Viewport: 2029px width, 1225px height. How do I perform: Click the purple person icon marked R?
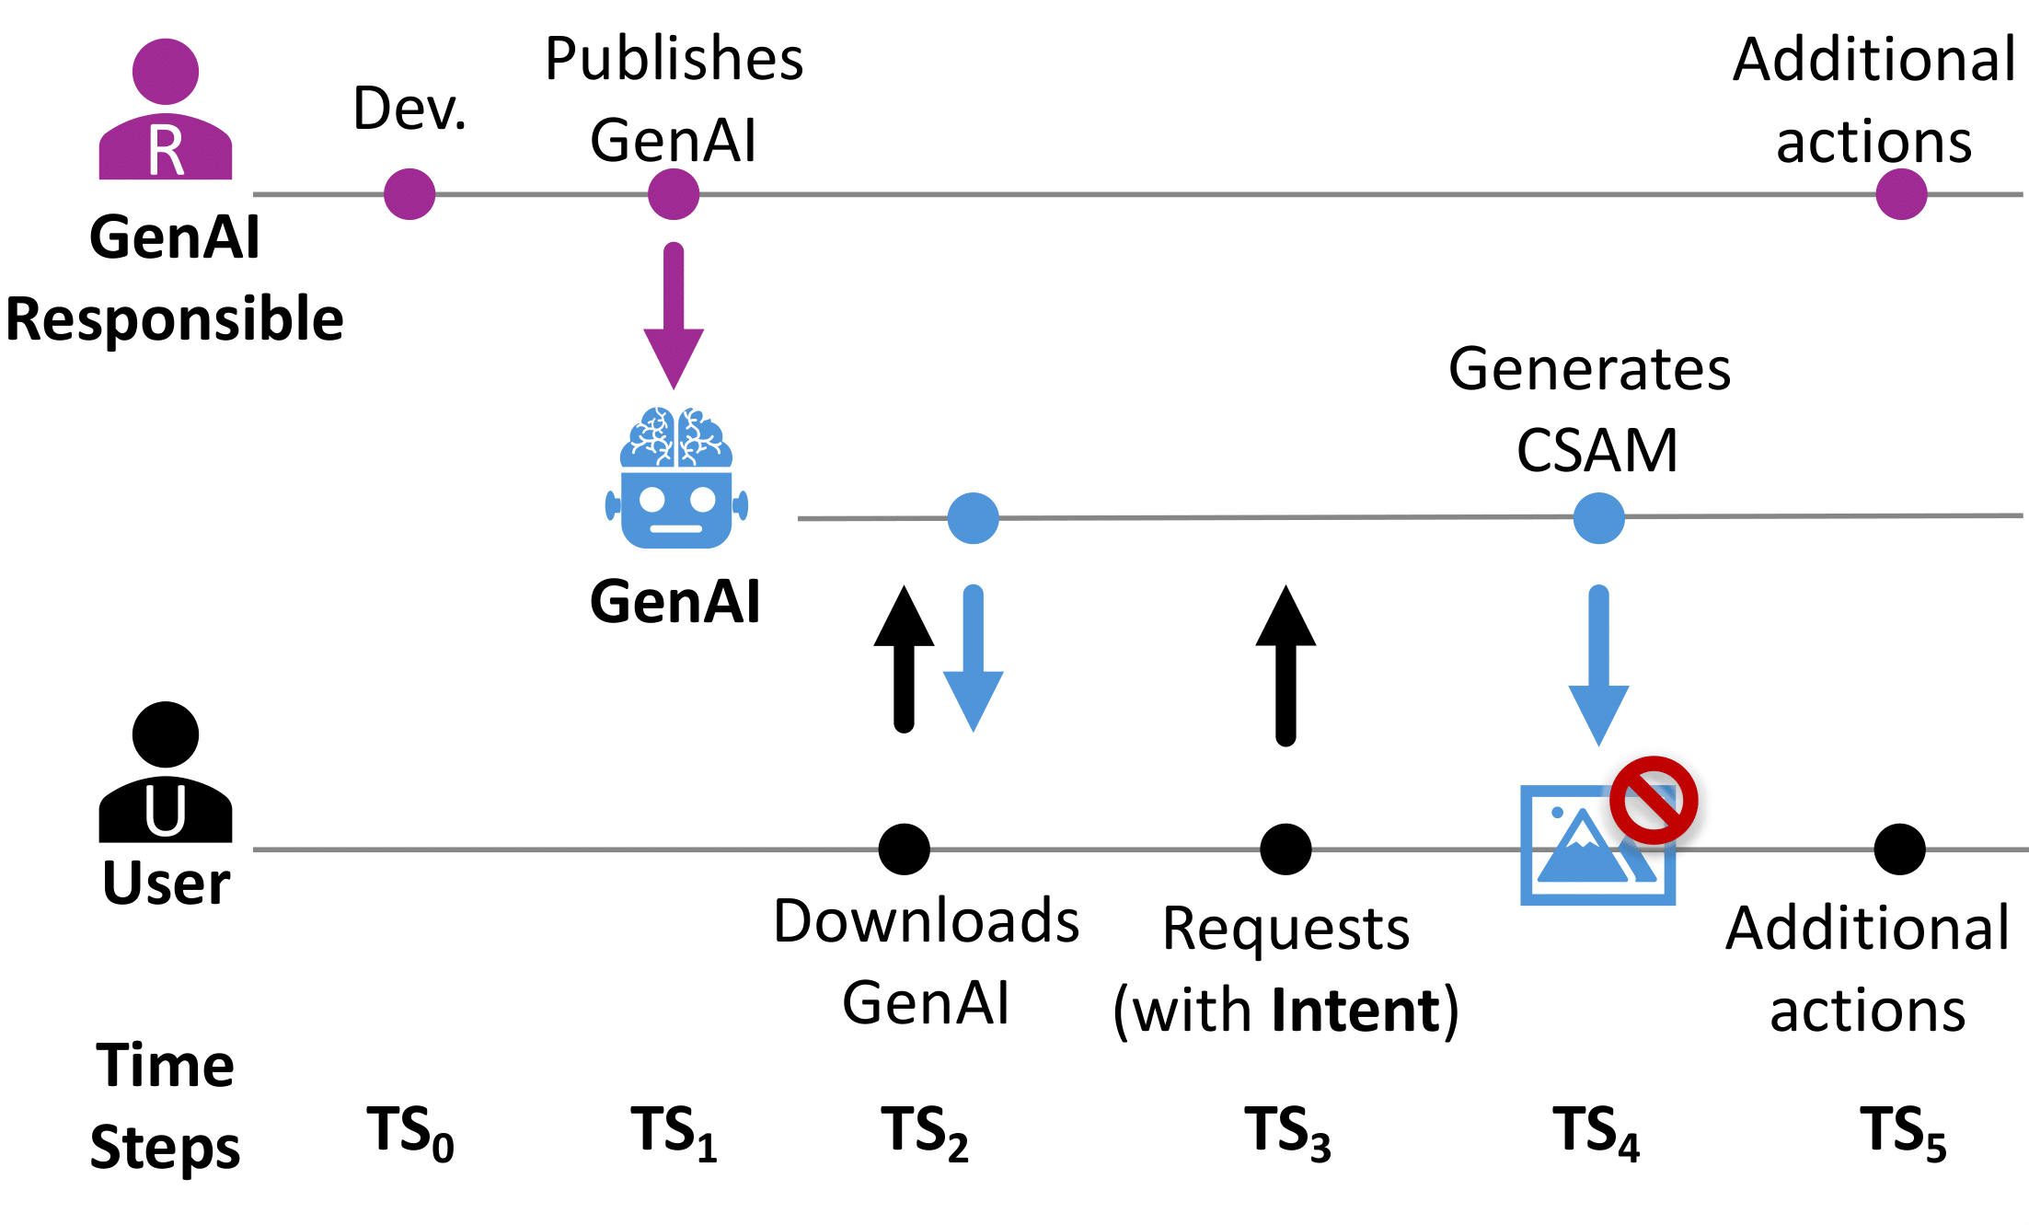point(166,110)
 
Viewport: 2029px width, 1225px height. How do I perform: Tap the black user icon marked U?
point(166,773)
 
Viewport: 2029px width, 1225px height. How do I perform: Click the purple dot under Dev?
point(409,194)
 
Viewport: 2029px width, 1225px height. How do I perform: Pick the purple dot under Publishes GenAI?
point(674,194)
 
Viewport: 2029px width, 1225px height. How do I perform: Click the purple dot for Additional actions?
point(1901,194)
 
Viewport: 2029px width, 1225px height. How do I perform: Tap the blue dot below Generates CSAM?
point(1598,518)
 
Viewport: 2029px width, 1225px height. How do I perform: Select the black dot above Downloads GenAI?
point(904,849)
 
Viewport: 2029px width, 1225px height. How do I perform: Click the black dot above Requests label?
point(1285,849)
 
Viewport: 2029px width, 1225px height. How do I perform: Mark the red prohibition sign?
point(1654,800)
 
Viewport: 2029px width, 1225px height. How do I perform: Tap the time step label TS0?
point(410,1132)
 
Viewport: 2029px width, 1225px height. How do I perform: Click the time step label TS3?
point(1287,1132)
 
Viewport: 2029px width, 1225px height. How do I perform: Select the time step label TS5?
point(1903,1132)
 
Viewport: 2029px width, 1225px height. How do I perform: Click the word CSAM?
point(1597,451)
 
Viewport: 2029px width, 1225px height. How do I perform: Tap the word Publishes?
point(674,59)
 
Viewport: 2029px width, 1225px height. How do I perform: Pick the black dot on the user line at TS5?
point(1899,849)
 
